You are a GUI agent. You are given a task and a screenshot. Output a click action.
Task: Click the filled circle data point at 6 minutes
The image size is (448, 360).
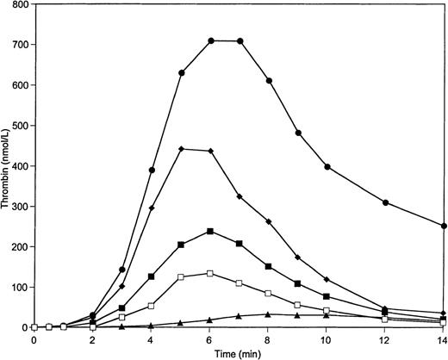point(210,40)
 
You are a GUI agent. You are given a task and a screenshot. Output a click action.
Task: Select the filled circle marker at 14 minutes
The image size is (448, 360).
point(443,226)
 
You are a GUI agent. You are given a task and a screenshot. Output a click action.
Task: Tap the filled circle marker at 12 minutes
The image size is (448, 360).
point(385,202)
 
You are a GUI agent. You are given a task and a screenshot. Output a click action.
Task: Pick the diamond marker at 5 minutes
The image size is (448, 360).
point(181,149)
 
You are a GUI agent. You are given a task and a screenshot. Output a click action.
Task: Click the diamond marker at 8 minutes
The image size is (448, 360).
point(269,222)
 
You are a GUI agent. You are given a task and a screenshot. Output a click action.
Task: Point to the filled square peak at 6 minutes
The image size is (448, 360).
point(210,231)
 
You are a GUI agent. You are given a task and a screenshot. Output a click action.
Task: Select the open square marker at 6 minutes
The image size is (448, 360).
point(210,273)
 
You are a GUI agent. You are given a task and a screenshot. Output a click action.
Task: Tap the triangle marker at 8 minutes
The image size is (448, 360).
point(269,314)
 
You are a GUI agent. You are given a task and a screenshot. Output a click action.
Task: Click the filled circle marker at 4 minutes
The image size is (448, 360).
point(152,170)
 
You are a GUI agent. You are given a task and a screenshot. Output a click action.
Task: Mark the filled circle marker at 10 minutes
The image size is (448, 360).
point(327,166)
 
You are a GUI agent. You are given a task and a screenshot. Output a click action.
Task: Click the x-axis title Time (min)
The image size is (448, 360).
point(239,352)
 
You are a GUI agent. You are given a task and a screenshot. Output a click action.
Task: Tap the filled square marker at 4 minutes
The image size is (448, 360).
point(152,276)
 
